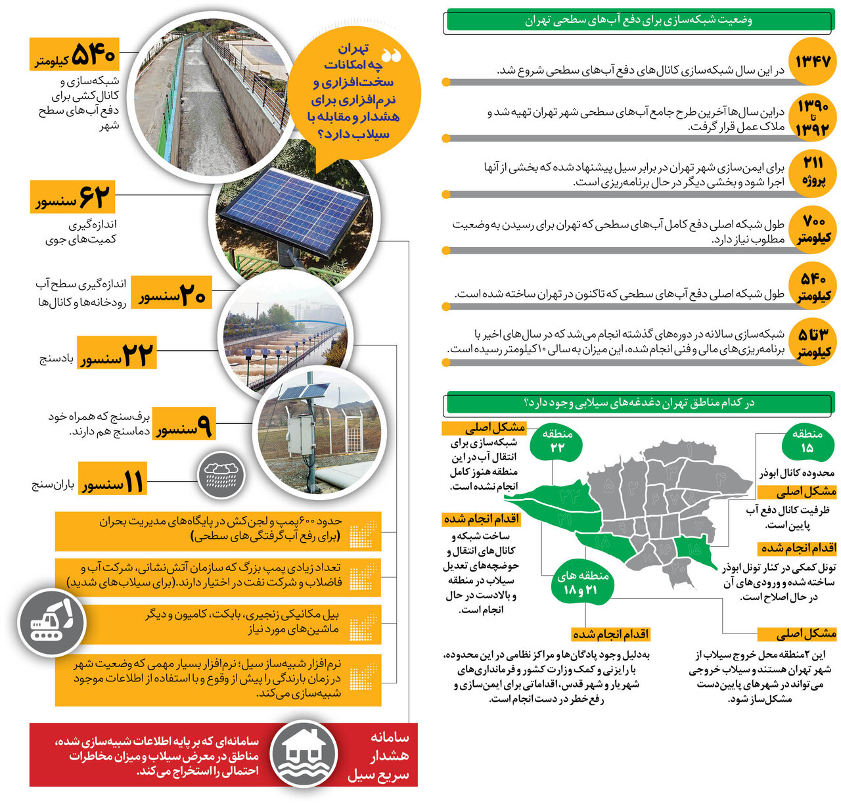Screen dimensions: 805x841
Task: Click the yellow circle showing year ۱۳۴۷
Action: pos(813,62)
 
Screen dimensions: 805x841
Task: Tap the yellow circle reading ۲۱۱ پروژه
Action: pos(813,172)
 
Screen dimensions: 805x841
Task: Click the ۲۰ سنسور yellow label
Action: pos(173,292)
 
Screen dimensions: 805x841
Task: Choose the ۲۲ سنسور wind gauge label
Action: pos(117,353)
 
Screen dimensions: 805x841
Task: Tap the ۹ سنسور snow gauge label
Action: pos(184,425)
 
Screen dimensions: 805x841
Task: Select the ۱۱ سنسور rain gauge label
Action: pos(112,479)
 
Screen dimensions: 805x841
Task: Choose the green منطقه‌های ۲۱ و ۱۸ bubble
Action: pos(583,583)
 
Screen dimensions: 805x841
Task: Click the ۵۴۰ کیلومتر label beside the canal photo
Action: pos(75,55)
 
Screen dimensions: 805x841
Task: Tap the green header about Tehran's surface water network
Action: pos(639,20)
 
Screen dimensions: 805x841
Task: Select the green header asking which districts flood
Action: pos(639,403)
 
